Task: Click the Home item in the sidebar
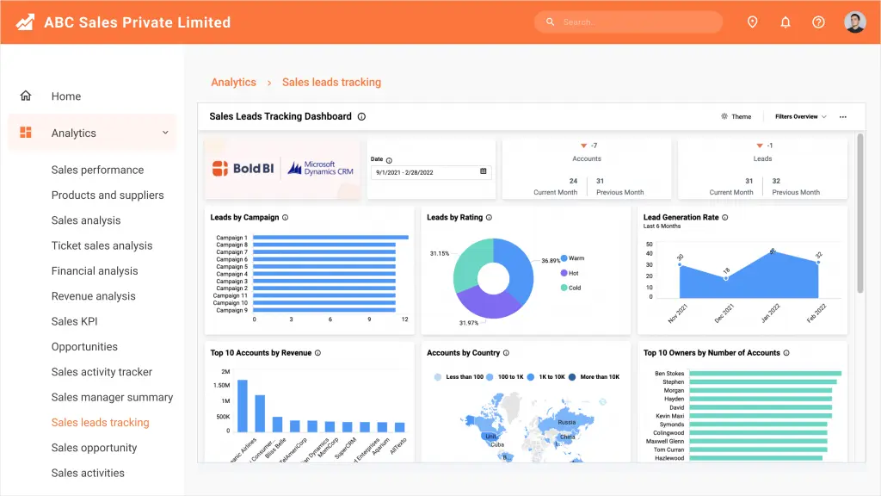65,96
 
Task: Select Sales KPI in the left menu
77,321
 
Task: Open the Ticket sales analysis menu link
102,245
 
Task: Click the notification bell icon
786,22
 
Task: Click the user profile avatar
854,22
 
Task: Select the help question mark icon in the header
818,22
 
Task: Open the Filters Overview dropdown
800,116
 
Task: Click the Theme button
736,116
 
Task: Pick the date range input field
430,171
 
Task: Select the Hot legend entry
574,273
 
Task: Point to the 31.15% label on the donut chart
440,253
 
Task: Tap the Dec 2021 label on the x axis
724,312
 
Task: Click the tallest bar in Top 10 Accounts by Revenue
243,406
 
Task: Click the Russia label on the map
566,423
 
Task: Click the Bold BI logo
243,168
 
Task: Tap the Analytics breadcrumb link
233,83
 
